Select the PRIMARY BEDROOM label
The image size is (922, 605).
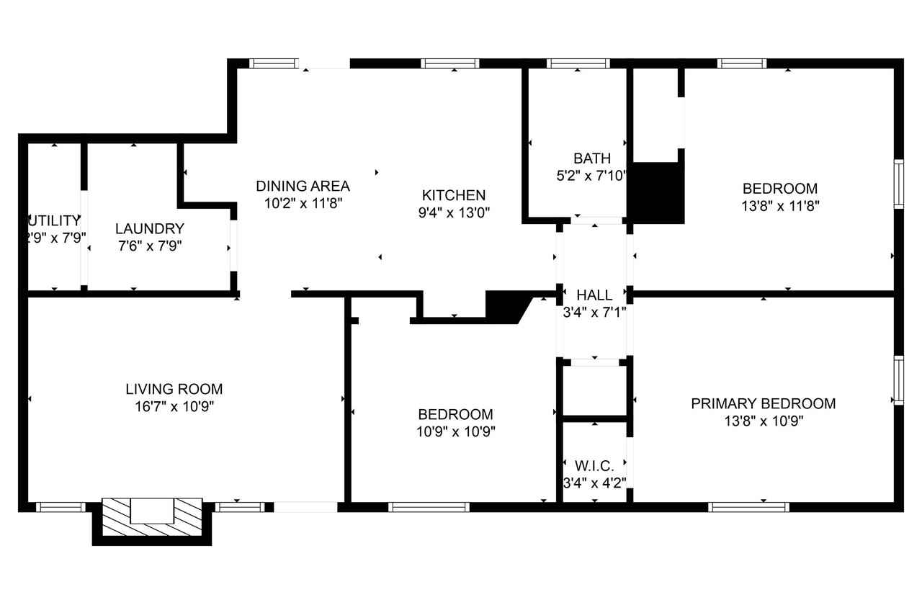[x=763, y=403]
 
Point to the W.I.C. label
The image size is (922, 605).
[x=594, y=467]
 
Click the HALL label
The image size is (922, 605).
[x=594, y=295]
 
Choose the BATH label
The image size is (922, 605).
[x=591, y=158]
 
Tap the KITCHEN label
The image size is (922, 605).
[x=453, y=194]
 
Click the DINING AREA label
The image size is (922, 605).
[x=303, y=186]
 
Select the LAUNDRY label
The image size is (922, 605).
[x=150, y=228]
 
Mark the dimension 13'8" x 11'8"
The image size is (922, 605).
[x=780, y=205]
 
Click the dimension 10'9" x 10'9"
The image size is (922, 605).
[x=456, y=431]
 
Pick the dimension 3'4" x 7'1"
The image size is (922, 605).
[x=594, y=313]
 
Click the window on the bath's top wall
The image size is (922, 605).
[x=578, y=63]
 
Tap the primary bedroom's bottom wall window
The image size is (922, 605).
[x=748, y=507]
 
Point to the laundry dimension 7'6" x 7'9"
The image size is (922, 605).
[x=150, y=246]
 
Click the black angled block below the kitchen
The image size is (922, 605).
[x=506, y=305]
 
